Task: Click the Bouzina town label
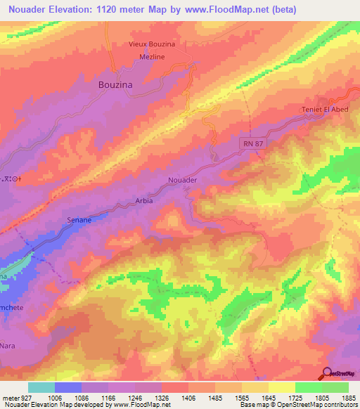(x=114, y=83)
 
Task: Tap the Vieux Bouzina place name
(x=151, y=44)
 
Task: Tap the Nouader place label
(x=181, y=181)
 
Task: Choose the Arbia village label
(x=143, y=201)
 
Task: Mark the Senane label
(x=79, y=220)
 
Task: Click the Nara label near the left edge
(x=9, y=346)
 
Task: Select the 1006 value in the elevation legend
(x=68, y=396)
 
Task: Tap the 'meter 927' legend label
(x=14, y=396)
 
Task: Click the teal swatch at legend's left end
(x=41, y=387)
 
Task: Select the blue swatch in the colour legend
(x=67, y=387)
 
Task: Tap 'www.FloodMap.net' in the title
(x=218, y=10)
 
